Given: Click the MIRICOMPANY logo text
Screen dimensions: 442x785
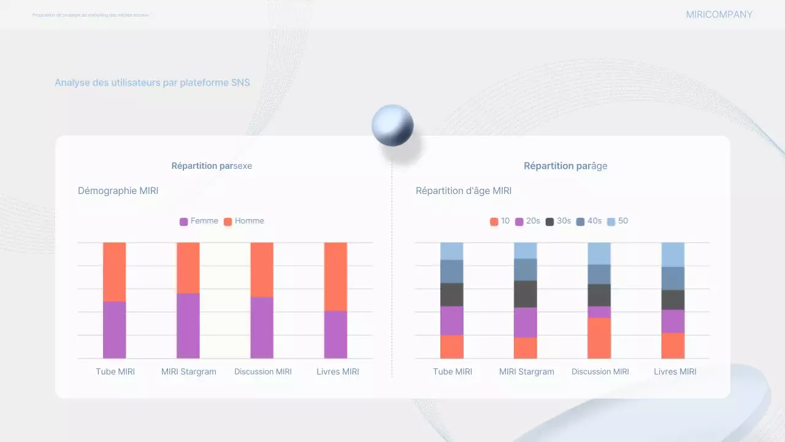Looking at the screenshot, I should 719,15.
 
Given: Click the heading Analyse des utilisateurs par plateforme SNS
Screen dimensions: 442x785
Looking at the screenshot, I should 152,82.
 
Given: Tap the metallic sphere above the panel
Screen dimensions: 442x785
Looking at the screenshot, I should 392,125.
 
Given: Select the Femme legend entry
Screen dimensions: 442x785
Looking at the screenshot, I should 199,221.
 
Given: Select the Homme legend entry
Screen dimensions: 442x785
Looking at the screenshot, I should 243,221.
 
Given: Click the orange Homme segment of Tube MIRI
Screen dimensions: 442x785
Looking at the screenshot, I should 115,271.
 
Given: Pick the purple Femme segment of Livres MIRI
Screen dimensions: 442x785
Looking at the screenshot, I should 335,335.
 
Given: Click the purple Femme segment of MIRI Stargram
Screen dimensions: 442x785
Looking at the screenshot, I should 188,325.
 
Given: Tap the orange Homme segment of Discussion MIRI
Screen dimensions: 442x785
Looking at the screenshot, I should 262,269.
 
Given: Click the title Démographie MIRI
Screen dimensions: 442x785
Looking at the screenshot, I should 118,191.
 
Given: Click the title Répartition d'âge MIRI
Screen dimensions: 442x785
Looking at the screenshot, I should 464,191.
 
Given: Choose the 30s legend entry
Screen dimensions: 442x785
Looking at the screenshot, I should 558,221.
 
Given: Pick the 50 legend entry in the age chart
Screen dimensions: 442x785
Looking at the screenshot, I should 618,221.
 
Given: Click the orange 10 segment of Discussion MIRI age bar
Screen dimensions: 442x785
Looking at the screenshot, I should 599,338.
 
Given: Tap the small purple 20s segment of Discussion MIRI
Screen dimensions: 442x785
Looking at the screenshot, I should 599,312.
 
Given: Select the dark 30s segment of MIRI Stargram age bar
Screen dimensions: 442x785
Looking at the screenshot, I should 526,294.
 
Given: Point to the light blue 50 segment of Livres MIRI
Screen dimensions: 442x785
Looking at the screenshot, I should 673,254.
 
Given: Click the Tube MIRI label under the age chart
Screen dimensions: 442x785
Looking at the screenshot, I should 453,371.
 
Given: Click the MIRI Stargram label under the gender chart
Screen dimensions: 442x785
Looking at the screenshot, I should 188,371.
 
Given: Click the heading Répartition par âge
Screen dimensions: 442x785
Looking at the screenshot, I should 565,166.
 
